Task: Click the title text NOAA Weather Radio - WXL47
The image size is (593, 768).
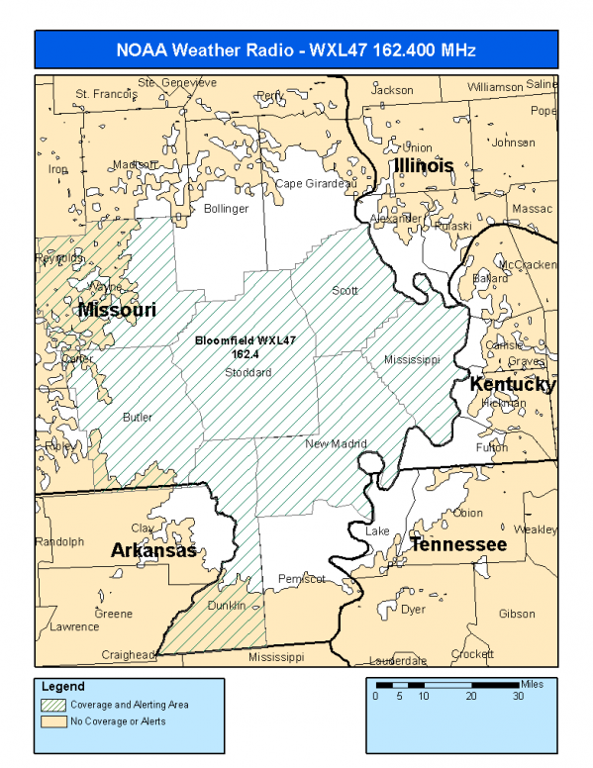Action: [x=297, y=49]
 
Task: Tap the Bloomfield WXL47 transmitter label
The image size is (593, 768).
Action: [x=246, y=345]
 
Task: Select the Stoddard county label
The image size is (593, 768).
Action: [x=247, y=372]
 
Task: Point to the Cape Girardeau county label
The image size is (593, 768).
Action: [x=315, y=184]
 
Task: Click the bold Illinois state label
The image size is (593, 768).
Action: [x=424, y=165]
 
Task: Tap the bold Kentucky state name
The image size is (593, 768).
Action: [x=512, y=384]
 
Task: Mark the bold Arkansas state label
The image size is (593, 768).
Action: [x=153, y=550]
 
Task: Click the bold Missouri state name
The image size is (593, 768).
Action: [x=117, y=310]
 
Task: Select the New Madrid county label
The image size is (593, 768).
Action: [x=336, y=443]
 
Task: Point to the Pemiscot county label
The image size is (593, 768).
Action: [x=302, y=578]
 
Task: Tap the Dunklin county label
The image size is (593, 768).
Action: [x=226, y=606]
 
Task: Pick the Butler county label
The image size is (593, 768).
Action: [x=138, y=418]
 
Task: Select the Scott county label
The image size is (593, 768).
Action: [x=345, y=291]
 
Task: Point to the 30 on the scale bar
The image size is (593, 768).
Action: [x=518, y=696]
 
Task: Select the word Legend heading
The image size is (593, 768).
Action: [x=63, y=686]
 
